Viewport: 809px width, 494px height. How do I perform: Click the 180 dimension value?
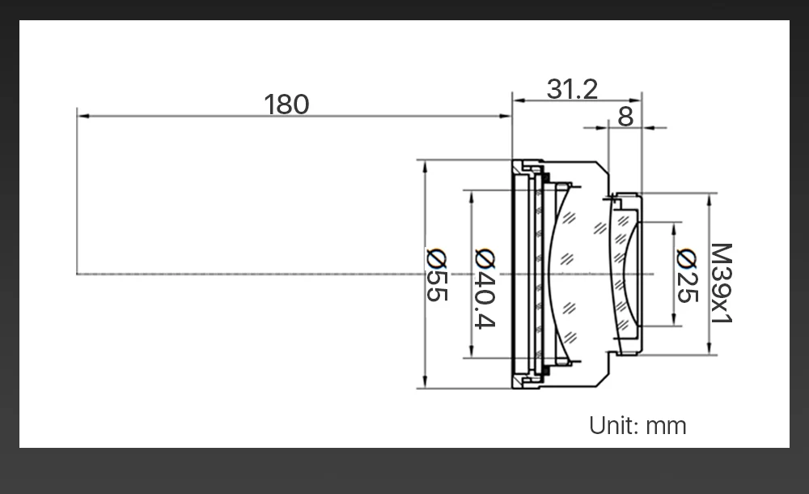point(286,104)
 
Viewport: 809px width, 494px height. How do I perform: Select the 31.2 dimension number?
point(572,89)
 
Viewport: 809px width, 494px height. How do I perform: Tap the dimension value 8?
point(625,117)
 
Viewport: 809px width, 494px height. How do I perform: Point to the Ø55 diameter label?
point(437,275)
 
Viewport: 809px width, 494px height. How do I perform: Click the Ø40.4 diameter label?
point(485,288)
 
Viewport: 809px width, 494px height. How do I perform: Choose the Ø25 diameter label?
point(687,275)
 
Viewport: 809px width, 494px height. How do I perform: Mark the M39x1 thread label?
point(722,283)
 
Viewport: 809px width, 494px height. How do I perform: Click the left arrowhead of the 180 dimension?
point(82,117)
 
